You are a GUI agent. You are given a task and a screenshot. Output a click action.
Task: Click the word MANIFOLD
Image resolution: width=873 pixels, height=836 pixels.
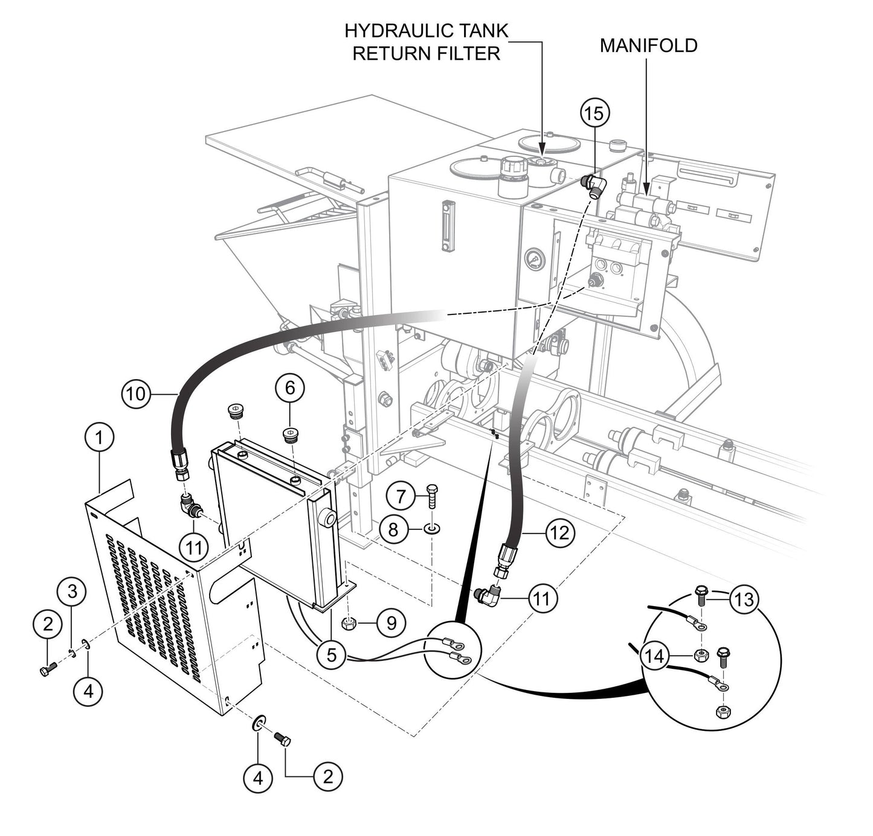[x=648, y=45]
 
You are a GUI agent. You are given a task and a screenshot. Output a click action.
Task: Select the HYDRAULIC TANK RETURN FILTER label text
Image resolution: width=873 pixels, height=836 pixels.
[x=427, y=42]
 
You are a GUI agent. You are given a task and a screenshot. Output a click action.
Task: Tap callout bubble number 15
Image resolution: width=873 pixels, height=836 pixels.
[x=594, y=113]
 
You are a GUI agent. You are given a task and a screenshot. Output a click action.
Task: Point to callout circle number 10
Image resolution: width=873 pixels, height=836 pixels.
[x=137, y=394]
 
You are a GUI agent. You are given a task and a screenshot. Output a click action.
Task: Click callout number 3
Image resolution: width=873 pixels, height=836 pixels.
[x=72, y=592]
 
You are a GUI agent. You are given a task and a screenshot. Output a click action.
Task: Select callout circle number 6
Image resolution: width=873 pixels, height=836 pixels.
[x=290, y=388]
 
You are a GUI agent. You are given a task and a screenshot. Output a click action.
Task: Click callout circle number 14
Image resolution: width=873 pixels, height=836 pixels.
[x=656, y=656]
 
